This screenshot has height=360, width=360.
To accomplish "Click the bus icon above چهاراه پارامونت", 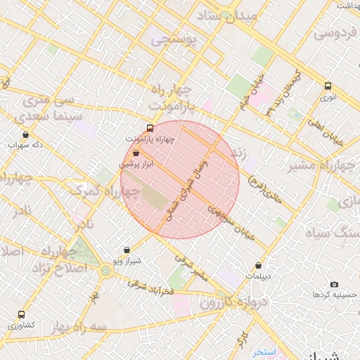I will pos(149,128).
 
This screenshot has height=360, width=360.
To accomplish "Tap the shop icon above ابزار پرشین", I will pos(136,152).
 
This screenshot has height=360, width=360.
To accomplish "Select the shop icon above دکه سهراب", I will pos(26,134).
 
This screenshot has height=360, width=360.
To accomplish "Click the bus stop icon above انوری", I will pos(328,86).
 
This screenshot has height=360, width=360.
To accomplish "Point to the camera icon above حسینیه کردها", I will pos(334,284).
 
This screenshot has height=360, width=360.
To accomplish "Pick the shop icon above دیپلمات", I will pos(259,266).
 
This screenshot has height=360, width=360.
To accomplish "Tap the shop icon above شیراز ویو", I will pos(127,250).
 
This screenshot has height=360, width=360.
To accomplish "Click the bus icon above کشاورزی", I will pos(21,314).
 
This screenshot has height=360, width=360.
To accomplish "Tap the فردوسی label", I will pos(335,32).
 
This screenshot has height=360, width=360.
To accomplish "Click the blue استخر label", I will pos(265,351).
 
